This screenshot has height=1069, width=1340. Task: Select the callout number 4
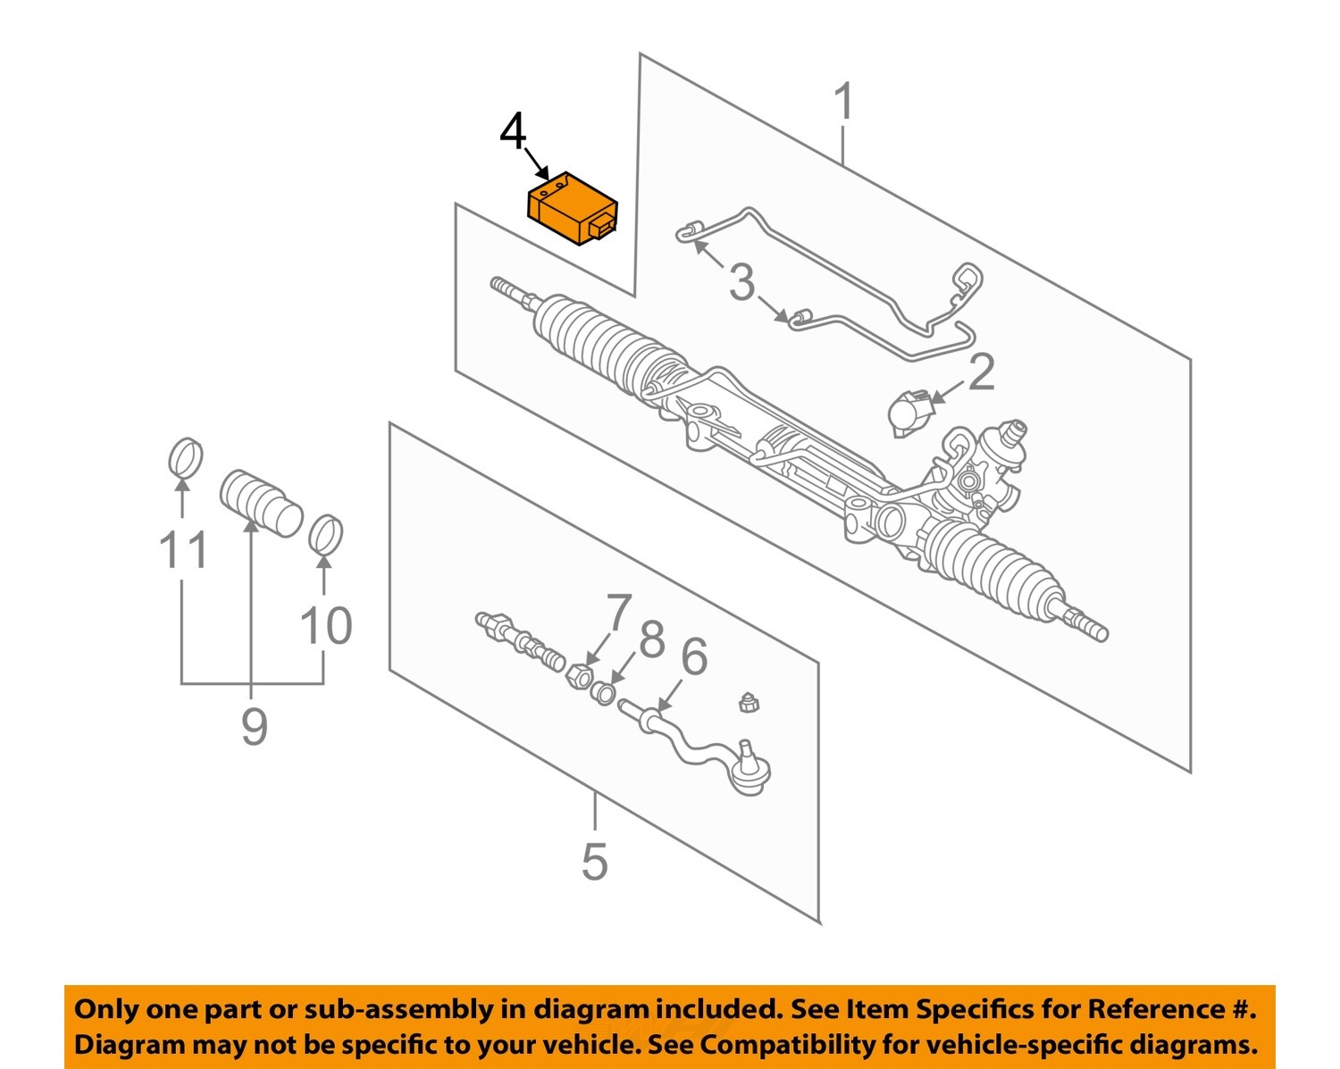[514, 134]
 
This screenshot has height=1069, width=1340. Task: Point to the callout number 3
[741, 283]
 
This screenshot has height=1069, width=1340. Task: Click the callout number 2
[981, 372]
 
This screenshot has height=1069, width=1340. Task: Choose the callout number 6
[693, 656]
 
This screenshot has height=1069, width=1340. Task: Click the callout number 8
[652, 639]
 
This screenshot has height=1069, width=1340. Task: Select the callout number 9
[255, 726]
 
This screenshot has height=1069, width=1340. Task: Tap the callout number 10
[326, 625]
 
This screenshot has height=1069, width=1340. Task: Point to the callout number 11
[183, 550]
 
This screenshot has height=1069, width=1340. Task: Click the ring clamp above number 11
[186, 458]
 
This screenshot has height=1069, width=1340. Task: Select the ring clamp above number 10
[326, 534]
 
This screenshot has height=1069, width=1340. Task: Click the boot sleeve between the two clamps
[260, 503]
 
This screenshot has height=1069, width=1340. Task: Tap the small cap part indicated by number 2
[909, 413]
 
